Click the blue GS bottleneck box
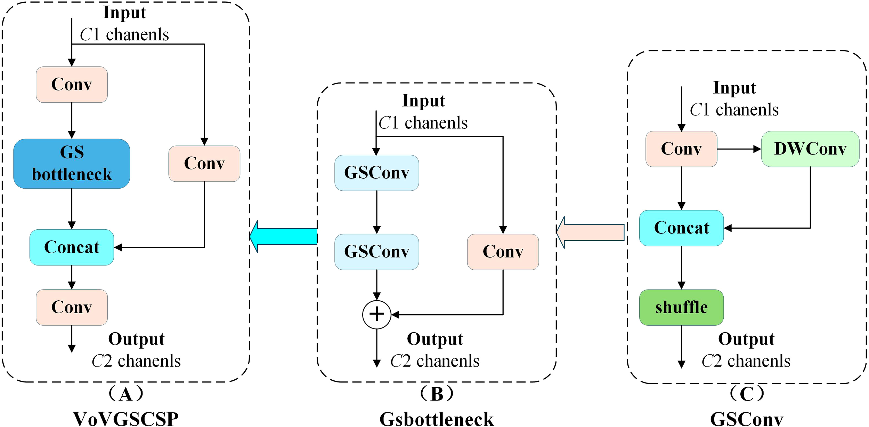point(72,164)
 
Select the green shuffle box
point(681,307)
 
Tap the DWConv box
point(810,149)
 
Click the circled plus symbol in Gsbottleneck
point(376,315)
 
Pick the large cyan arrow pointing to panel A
point(283,236)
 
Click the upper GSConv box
point(376,173)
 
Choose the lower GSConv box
point(376,252)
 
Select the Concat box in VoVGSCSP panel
point(72,247)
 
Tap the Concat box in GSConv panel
point(681,228)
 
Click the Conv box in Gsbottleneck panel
point(503,252)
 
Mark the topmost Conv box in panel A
point(72,85)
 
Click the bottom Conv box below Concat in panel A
point(72,307)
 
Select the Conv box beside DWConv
point(681,149)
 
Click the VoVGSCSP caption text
point(126,419)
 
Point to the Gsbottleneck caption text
point(437,419)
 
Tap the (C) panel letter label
point(746,394)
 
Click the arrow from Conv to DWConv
point(739,149)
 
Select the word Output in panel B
point(435,339)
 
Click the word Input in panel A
point(124,13)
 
